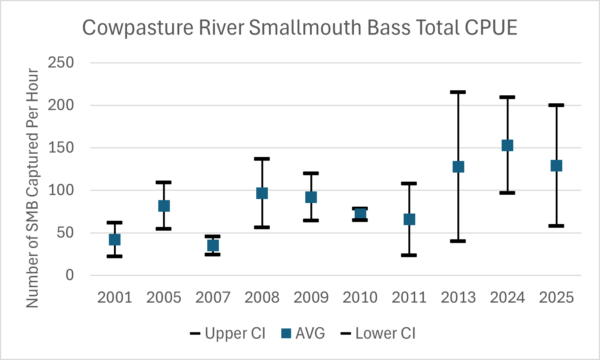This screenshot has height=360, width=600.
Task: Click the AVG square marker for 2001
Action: [x=114, y=239]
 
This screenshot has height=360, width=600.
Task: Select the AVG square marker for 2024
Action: [x=507, y=145]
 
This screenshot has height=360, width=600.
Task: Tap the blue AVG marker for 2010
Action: [x=360, y=213]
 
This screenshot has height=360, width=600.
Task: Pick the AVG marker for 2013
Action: [x=458, y=167]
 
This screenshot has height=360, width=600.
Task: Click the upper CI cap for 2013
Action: [x=458, y=92]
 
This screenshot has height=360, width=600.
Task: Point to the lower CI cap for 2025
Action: [x=556, y=226]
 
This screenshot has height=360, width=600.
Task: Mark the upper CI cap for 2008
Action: [x=262, y=158]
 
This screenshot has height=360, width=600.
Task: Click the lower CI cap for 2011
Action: [x=409, y=255]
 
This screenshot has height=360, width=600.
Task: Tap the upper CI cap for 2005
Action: [x=164, y=182]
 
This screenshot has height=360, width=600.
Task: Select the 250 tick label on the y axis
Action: [x=60, y=62]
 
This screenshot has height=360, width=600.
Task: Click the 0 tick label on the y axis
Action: [x=69, y=275]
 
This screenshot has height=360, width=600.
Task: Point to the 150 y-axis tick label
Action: [x=60, y=148]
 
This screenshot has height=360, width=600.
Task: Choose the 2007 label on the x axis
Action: [x=213, y=297]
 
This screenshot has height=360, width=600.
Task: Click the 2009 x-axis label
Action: [x=311, y=297]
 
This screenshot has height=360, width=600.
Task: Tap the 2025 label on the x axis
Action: [x=556, y=297]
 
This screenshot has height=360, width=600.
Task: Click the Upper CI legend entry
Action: [x=228, y=333]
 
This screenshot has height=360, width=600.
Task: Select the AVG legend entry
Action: [x=303, y=333]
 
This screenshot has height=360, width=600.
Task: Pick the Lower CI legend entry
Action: [x=378, y=333]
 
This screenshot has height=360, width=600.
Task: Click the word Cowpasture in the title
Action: [x=138, y=28]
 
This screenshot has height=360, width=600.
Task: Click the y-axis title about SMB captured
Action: [x=33, y=188]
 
